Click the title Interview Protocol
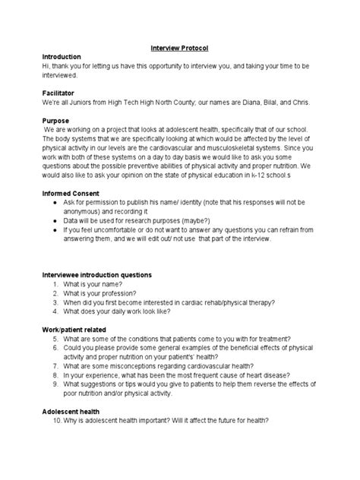[x=179, y=49]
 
